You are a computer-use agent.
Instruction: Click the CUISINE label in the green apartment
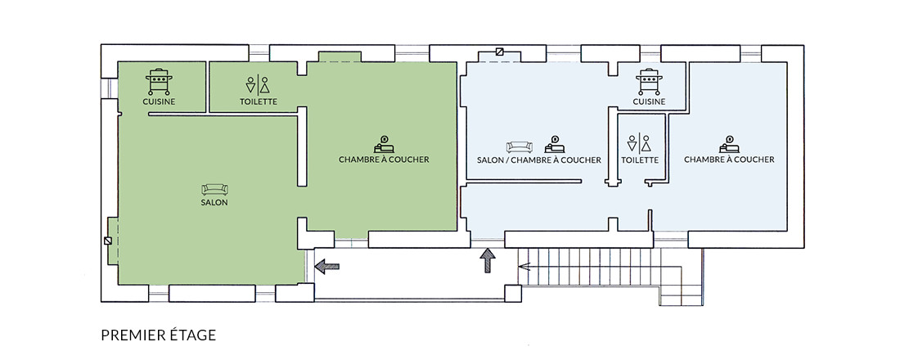[159, 101]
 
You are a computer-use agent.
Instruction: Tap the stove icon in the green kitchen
[159, 82]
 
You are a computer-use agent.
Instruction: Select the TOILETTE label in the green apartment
[259, 101]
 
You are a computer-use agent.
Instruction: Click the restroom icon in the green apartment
[258, 84]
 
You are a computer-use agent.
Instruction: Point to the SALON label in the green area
[214, 203]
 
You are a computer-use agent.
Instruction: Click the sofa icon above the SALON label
[214, 190]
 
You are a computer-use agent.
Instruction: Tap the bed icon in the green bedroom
[384, 144]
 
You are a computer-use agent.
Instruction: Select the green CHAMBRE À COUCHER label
[384, 160]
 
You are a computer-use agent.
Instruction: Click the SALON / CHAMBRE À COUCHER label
[539, 160]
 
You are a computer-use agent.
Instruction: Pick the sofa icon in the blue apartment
[519, 147]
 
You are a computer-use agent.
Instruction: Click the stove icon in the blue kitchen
[649, 82]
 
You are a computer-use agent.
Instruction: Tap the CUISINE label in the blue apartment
[649, 101]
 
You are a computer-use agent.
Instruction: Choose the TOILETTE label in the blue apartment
[640, 160]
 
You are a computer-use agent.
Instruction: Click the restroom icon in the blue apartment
[639, 143]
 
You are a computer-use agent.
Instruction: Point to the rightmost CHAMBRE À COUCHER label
[729, 160]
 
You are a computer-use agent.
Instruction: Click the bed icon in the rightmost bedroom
[730, 144]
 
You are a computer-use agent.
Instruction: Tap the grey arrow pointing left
[327, 266]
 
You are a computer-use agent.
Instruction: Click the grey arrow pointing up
[488, 260]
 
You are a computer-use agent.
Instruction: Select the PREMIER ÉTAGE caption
[159, 335]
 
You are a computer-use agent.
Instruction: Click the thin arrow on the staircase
[524, 266]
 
